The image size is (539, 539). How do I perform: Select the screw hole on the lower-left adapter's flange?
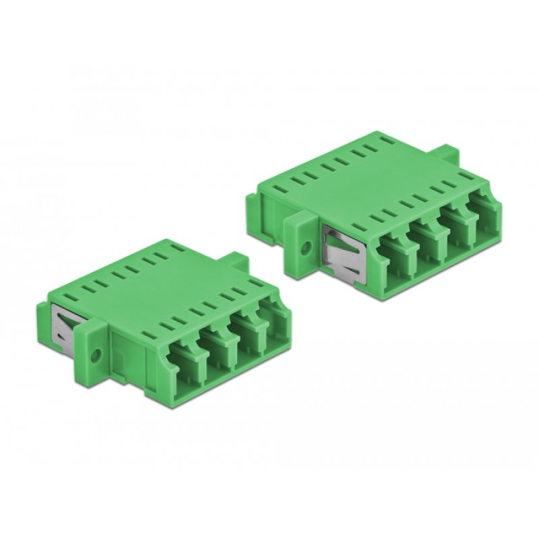pos(95,352)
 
